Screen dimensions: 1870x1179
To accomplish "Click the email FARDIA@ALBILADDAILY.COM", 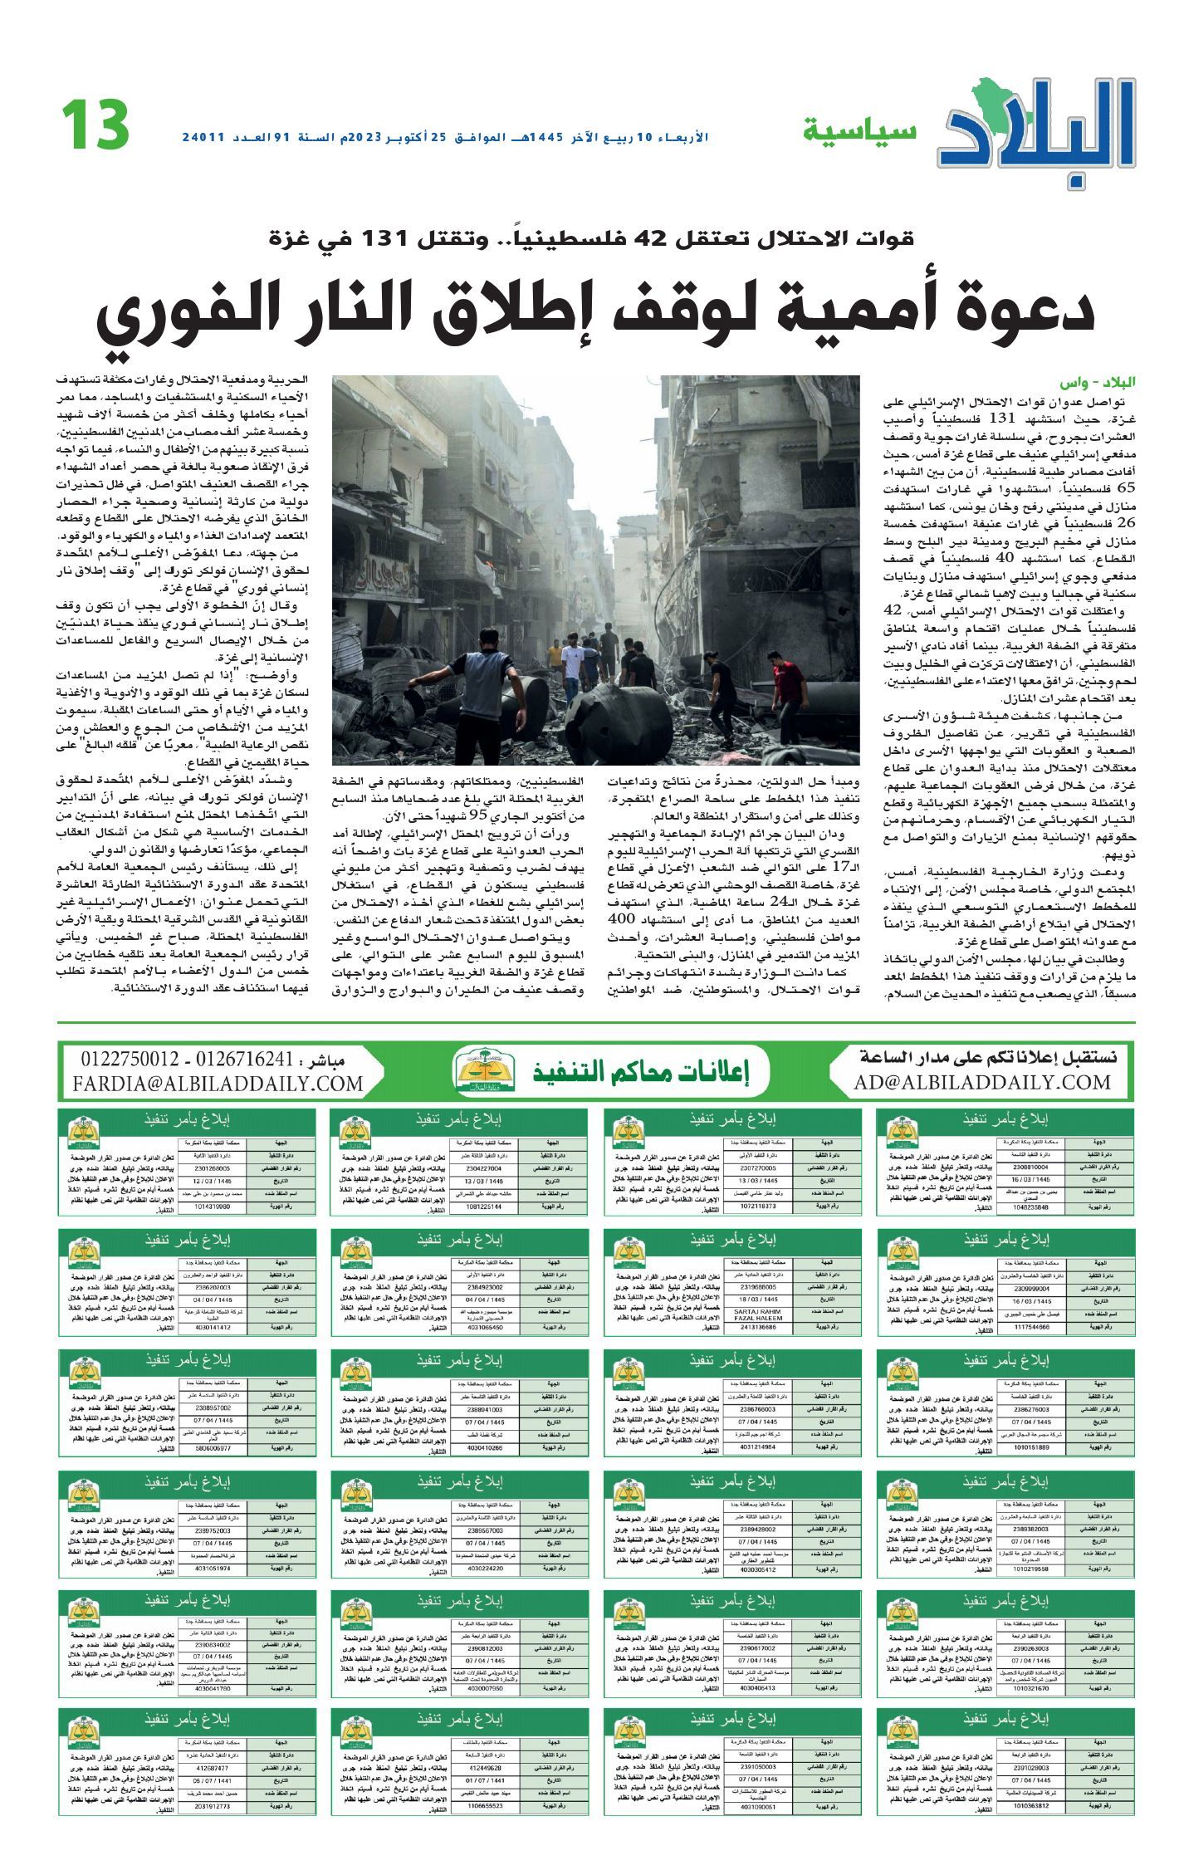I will (x=218, y=1084).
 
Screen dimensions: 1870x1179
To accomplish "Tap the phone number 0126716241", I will (x=247, y=1060).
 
